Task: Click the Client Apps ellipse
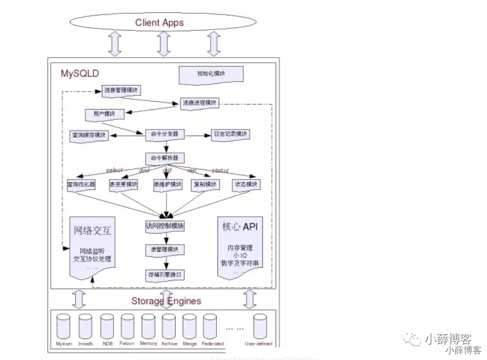tap(159, 22)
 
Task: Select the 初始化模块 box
tap(211, 74)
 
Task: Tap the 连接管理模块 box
tap(121, 91)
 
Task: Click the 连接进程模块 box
tap(200, 103)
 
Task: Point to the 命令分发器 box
tap(164, 135)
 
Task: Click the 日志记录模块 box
tap(230, 135)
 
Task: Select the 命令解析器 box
tap(164, 158)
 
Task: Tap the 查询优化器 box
tap(81, 185)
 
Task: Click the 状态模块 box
tap(246, 185)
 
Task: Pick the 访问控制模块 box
tap(164, 226)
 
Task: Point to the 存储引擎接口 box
tap(164, 274)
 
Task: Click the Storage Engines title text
tap(166, 301)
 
